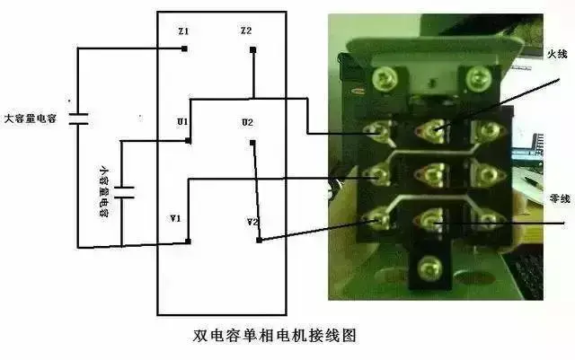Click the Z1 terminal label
coord(184,32)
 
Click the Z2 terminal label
coord(246,31)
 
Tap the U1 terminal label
coord(183,121)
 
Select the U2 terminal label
coord(247,122)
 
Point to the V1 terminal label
coord(175,218)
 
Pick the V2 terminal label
coord(252,221)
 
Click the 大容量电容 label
coord(31,118)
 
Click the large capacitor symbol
coord(77,118)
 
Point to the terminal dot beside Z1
coord(184,48)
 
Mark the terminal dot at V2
coord(259,240)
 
